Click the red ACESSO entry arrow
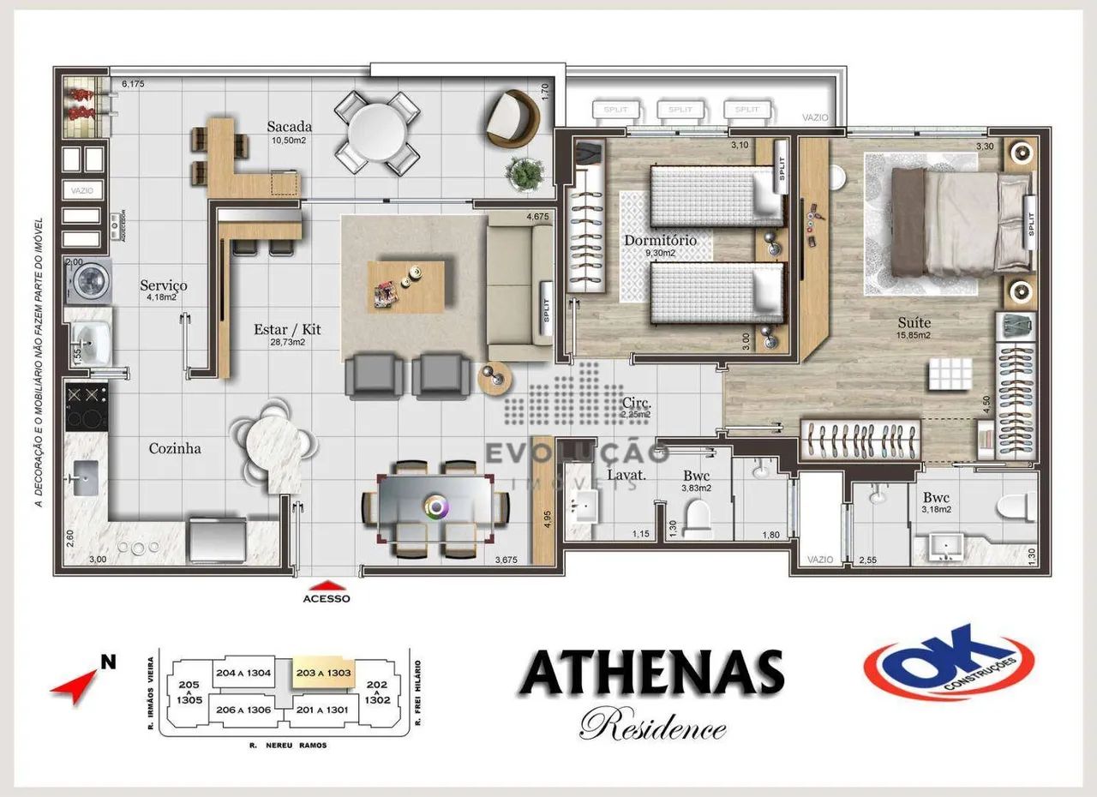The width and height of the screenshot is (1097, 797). coord(327,585)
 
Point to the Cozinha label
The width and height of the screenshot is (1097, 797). coord(175,448)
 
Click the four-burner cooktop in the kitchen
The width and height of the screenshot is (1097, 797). coord(87,407)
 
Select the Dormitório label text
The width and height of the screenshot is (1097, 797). coord(660,241)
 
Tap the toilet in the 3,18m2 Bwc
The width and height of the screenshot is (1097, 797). coord(1016,510)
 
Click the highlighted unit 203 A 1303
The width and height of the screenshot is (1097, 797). coord(322,674)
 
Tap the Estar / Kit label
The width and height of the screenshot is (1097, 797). coord(287,329)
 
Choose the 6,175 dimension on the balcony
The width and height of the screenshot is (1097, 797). coord(134,84)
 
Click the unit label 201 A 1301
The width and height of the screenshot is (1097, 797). coord(322,709)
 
